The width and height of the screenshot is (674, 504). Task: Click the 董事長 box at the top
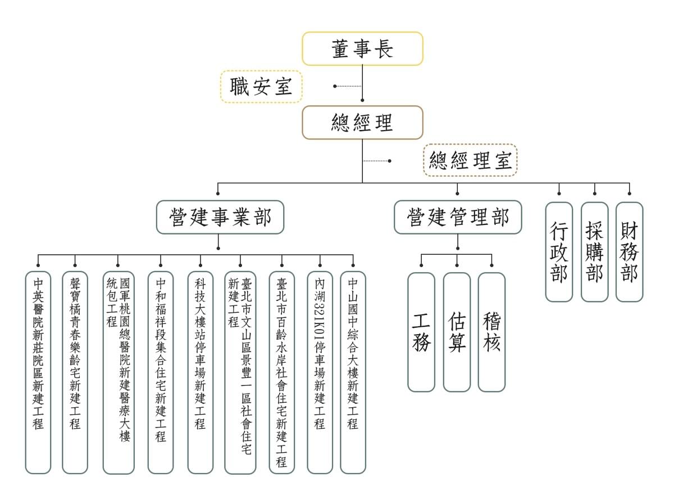click(362, 49)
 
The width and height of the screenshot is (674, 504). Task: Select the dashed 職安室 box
click(261, 87)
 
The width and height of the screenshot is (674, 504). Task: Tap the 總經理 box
click(362, 123)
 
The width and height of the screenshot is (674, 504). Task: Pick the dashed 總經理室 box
click(470, 160)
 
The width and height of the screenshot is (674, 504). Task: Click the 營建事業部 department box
click(220, 217)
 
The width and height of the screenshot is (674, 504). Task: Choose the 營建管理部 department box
click(458, 217)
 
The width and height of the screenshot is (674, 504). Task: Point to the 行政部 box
click(559, 251)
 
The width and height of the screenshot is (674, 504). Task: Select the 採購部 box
click(594, 251)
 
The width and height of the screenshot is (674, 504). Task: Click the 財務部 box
click(629, 251)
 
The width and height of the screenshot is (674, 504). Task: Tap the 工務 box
click(421, 332)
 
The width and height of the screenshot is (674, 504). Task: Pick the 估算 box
click(457, 332)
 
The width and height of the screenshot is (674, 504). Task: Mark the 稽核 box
click(491, 332)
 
